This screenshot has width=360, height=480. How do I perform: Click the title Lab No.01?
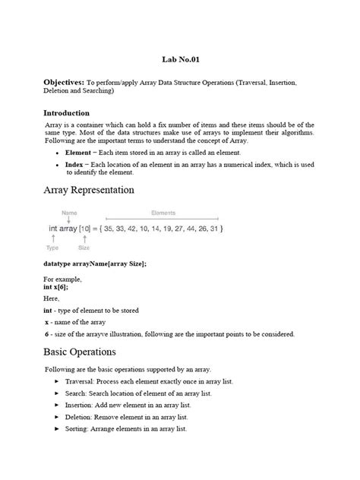[179, 58]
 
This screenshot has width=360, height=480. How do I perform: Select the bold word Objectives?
[63, 81]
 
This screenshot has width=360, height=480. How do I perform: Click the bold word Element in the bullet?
[78, 153]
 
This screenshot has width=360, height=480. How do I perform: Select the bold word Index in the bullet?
[74, 164]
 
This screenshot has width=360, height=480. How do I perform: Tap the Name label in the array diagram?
[69, 213]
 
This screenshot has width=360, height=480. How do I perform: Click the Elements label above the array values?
[163, 213]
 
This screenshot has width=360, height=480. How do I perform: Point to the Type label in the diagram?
[52, 248]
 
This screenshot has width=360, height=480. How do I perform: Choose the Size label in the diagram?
[84, 248]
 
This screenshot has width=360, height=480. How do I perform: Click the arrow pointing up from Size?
[84, 238]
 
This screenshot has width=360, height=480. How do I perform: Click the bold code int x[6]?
[56, 287]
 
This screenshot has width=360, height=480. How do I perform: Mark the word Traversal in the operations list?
[86, 381]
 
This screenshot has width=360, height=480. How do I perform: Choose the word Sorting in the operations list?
[82, 429]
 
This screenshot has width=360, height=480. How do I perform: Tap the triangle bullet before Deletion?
[58, 418]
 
